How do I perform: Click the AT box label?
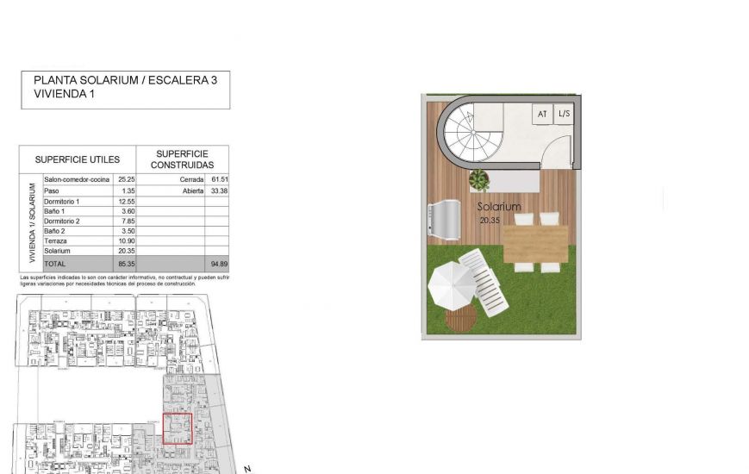542,114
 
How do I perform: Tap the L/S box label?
563,114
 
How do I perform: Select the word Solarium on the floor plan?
499,207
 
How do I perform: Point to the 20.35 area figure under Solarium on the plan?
490,220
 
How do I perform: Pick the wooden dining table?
535,243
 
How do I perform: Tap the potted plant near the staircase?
478,180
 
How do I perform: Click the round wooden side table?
460,320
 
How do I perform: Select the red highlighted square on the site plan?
177,428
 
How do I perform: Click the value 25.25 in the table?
127,179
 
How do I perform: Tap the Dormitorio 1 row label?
61,200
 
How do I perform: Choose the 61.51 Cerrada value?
219,179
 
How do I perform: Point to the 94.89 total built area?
219,262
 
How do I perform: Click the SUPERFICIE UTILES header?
77,159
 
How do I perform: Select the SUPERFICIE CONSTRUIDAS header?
182,159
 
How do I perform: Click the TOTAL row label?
54,262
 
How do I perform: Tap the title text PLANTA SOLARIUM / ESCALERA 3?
125,80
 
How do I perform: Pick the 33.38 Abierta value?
219,190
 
